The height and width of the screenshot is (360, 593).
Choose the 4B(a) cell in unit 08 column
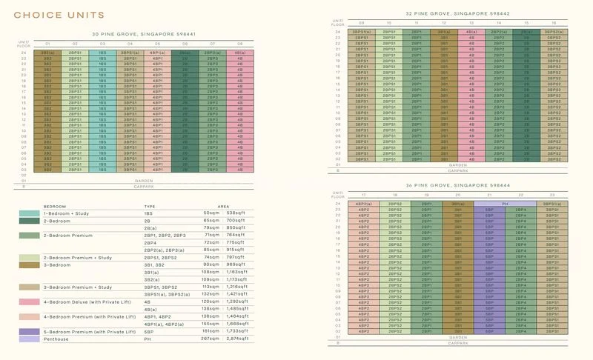[239, 53]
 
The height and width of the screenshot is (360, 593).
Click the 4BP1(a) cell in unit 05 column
[157, 53]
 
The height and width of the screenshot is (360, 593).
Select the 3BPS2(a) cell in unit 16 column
[552, 33]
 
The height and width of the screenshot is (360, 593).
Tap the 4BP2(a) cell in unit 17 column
[364, 204]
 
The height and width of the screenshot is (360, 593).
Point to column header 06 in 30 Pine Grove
[185, 44]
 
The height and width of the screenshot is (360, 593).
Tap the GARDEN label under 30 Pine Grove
[143, 180]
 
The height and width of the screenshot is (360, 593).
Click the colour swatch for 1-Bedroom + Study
[30, 213]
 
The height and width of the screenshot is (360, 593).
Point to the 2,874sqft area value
[238, 339]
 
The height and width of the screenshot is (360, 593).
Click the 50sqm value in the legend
[212, 213]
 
